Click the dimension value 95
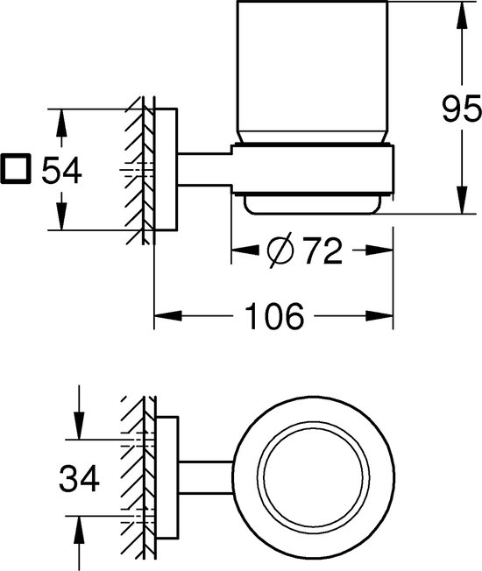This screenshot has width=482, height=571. [461, 109]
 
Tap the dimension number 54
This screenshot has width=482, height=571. [61, 171]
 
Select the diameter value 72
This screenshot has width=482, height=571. [323, 250]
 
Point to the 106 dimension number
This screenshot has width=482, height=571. [274, 316]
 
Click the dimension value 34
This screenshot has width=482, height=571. [79, 478]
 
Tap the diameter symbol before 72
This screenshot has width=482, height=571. [280, 250]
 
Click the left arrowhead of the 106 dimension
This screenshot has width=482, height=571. [168, 316]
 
